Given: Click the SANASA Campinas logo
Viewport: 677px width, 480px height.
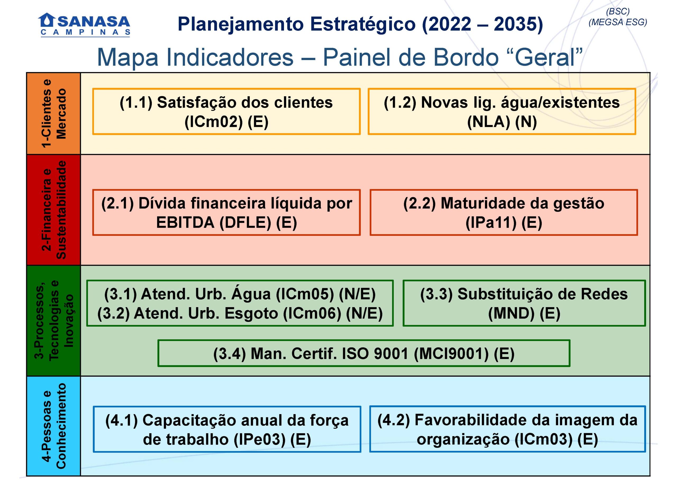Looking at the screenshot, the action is (84, 25).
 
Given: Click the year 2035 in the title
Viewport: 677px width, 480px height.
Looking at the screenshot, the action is (518, 24).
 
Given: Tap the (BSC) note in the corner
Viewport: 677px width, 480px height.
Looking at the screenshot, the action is (617, 11).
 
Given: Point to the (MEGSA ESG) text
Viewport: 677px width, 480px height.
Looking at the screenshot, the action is (617, 22).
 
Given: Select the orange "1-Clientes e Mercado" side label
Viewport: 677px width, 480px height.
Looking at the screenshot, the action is (53, 113).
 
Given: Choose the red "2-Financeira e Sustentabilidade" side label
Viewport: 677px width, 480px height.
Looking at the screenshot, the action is (53, 210).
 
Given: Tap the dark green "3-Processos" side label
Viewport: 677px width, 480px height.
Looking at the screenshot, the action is (53, 321).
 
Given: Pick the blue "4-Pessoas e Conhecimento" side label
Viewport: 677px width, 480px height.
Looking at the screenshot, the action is (53, 426).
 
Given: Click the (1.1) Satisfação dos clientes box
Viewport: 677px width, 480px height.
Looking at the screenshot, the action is (226, 112).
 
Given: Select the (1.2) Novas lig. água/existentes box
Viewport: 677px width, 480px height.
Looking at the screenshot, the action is (502, 112).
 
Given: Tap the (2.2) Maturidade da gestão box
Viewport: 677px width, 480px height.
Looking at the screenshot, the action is (504, 213).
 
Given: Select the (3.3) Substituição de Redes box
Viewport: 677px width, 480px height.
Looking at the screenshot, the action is (524, 303).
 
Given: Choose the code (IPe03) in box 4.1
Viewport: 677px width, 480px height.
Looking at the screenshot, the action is (260, 440).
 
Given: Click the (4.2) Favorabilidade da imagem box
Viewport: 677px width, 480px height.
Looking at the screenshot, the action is (507, 429).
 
